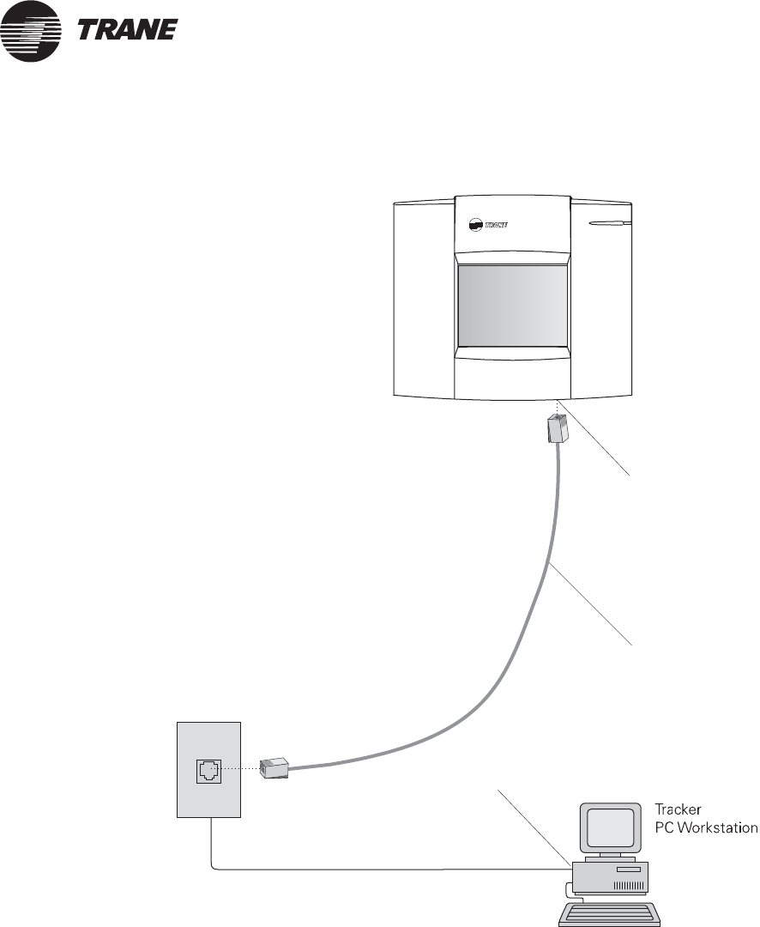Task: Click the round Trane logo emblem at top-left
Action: (x=30, y=31)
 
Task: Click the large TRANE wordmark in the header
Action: (x=128, y=31)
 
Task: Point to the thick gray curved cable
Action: (x=532, y=618)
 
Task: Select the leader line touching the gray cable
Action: (x=592, y=605)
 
